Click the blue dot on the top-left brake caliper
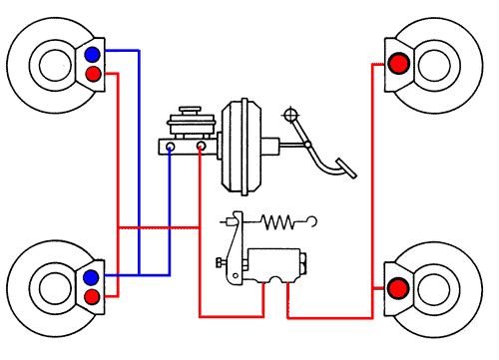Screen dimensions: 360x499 (x=93, y=55)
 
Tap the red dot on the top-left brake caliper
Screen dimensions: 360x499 (x=93, y=75)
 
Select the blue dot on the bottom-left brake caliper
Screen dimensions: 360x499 (x=93, y=276)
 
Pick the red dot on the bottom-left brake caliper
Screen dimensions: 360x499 (x=93, y=296)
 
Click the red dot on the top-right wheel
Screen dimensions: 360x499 (x=398, y=65)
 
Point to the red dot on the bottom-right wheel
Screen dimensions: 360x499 (x=398, y=289)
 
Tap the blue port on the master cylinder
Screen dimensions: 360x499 (x=171, y=148)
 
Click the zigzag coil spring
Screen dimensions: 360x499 (x=280, y=220)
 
